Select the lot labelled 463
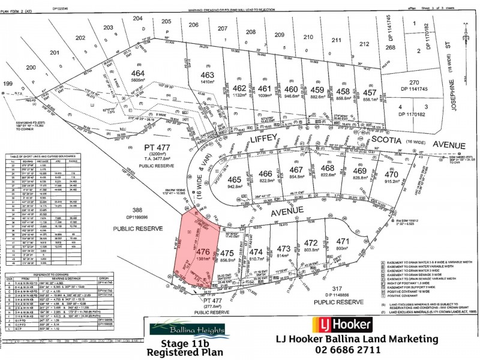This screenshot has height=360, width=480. (x=207, y=75)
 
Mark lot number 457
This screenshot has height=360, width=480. (x=370, y=92)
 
